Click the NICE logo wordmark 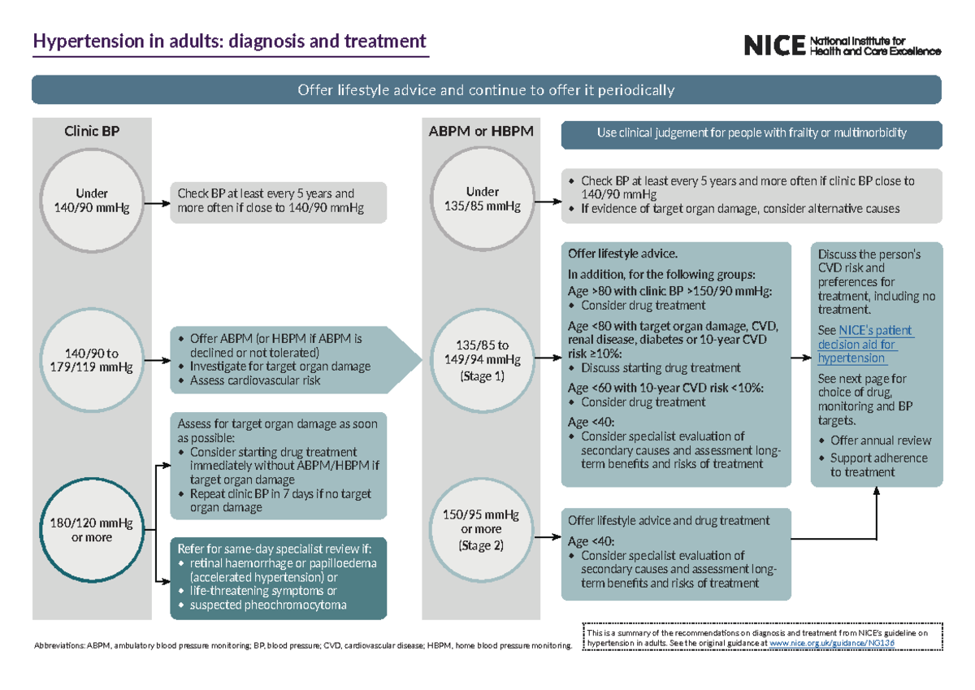(x=773, y=46)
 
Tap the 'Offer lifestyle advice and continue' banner (x=486, y=89)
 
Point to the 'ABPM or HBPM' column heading (x=481, y=130)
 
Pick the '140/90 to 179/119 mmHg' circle (x=92, y=360)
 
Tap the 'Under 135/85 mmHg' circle (x=482, y=199)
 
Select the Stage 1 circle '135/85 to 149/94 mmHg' (x=482, y=360)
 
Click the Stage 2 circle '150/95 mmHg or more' (x=482, y=530)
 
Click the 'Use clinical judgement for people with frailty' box (x=751, y=132)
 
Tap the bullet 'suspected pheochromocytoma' (x=268, y=605)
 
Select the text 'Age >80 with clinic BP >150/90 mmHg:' (x=669, y=292)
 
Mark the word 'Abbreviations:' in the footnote (x=58, y=647)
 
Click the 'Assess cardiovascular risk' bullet (x=255, y=380)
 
